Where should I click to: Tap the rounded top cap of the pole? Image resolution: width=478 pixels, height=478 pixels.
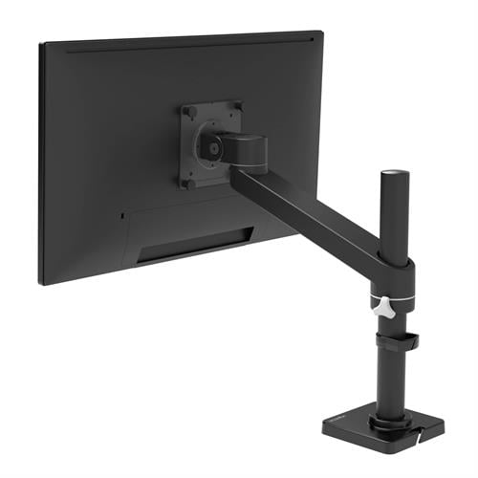click(393, 176)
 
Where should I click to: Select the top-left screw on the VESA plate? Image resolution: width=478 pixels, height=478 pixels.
click(189, 113)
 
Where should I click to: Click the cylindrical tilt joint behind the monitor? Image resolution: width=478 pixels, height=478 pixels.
click(250, 149)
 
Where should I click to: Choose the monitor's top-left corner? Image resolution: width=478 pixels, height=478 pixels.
click(41, 44)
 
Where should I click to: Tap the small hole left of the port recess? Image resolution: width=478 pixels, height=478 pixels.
click(123, 215)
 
